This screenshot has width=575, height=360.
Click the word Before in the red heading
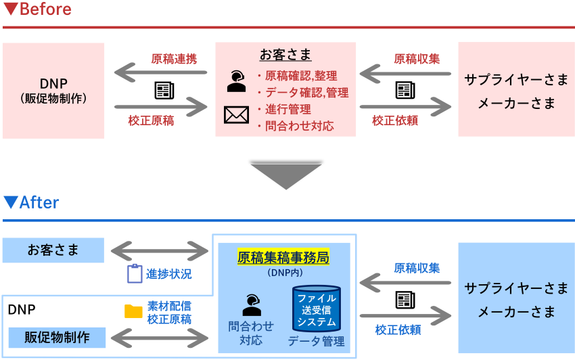click(45, 9)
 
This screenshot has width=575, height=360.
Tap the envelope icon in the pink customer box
click(236, 116)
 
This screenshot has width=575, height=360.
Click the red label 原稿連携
click(174, 59)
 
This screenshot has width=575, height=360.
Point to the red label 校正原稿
click(151, 120)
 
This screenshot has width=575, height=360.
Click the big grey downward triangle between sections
click(285, 175)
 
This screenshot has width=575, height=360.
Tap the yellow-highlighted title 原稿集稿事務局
click(283, 257)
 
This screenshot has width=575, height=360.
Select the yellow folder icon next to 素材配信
click(133, 311)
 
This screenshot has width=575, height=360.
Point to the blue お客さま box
click(53, 250)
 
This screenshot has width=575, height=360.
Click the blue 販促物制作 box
click(57, 337)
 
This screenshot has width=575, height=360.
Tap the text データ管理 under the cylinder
click(316, 341)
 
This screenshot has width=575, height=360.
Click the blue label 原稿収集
click(417, 268)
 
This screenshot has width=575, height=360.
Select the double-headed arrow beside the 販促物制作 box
click(160, 337)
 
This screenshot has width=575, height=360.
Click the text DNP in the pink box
click(53, 83)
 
